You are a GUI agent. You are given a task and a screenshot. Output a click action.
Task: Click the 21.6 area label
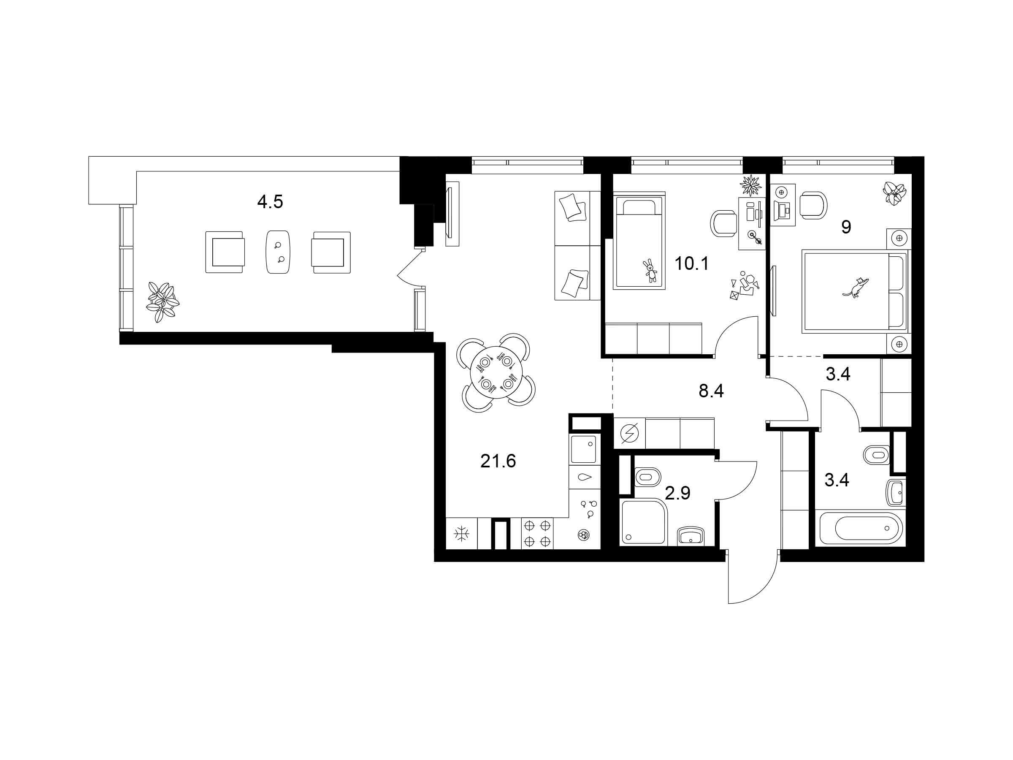498,461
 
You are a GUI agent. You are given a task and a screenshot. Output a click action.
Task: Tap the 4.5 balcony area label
270,201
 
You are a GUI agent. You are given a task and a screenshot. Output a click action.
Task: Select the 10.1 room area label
691,264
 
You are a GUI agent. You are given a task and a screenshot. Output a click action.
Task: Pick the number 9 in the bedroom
846,227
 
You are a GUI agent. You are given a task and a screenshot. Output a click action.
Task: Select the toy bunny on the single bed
650,271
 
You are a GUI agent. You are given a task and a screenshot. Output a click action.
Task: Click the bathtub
861,528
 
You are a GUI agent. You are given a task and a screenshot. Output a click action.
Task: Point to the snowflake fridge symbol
461,535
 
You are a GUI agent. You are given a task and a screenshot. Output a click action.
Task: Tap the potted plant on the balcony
162,301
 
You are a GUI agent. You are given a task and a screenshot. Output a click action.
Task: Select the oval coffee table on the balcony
278,252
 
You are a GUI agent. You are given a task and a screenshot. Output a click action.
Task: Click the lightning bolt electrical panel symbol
629,432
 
